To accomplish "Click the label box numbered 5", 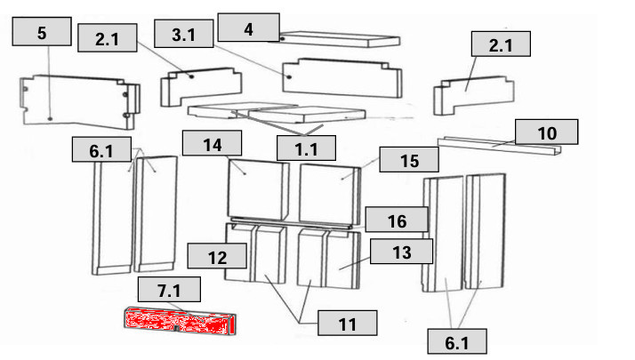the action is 42,31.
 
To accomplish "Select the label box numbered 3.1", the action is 184,34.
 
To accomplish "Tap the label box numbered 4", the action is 248,28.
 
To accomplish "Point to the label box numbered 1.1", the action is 306,148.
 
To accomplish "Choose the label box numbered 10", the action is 547,132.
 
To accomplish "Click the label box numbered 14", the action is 213,143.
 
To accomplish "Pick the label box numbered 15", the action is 409,159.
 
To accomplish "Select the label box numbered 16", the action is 397,220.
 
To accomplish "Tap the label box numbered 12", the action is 217,256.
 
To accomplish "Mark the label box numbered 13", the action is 402,251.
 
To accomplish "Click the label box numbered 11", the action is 348,323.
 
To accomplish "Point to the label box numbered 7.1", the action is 169,289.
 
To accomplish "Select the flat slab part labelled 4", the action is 340,39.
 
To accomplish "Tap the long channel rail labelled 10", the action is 499,146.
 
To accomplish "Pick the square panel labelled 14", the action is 259,190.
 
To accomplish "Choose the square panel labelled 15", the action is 330,194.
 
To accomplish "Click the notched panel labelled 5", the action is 80,101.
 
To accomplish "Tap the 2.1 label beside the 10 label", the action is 501,44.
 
